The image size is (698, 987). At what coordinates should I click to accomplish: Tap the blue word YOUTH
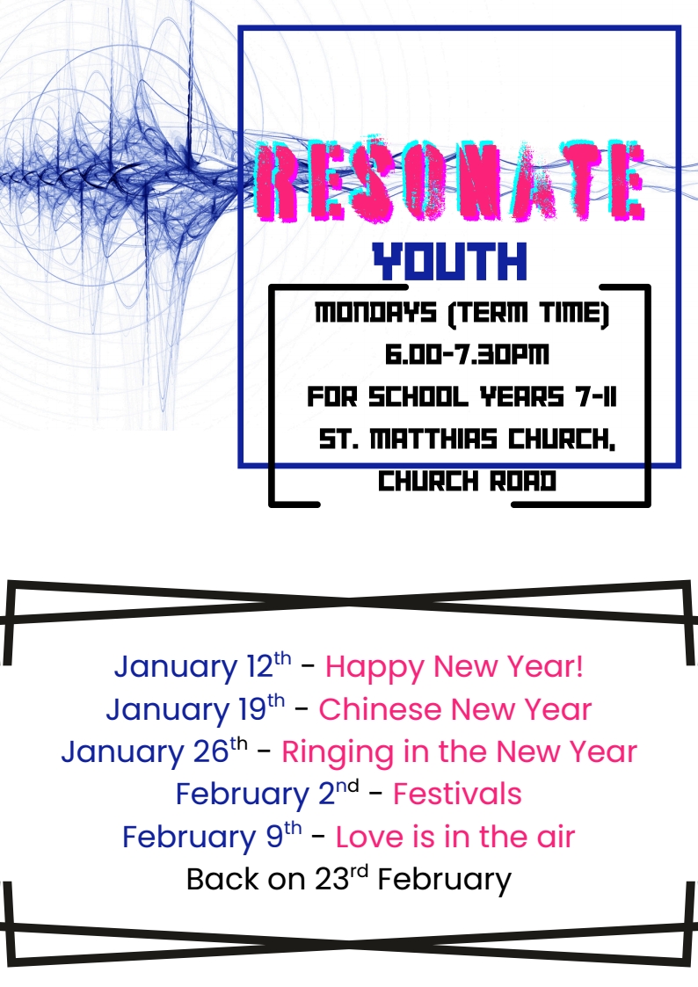[449, 261]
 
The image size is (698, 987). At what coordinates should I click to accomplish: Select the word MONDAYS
[375, 312]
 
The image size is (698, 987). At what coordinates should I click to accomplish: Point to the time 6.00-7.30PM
[467, 354]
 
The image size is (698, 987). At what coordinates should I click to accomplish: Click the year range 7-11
[595, 397]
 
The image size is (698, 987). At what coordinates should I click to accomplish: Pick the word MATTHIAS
[433, 439]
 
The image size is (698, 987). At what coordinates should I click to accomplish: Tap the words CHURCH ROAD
[467, 482]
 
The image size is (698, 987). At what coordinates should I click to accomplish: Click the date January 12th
[203, 666]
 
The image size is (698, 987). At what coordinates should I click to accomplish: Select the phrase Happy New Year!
[454, 667]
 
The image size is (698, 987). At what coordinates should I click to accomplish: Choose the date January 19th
[195, 708]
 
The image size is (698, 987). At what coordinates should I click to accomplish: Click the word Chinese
[380, 709]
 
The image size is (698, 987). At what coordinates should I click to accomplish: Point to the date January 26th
[154, 751]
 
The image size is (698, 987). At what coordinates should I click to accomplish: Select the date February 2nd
[267, 794]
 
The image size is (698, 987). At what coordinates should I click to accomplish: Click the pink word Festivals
[458, 794]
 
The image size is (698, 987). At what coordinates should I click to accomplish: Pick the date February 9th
[212, 836]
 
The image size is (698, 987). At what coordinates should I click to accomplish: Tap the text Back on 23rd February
[349, 880]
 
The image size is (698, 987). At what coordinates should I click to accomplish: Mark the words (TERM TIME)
[528, 313]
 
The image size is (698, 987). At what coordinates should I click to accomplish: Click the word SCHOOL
[418, 397]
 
